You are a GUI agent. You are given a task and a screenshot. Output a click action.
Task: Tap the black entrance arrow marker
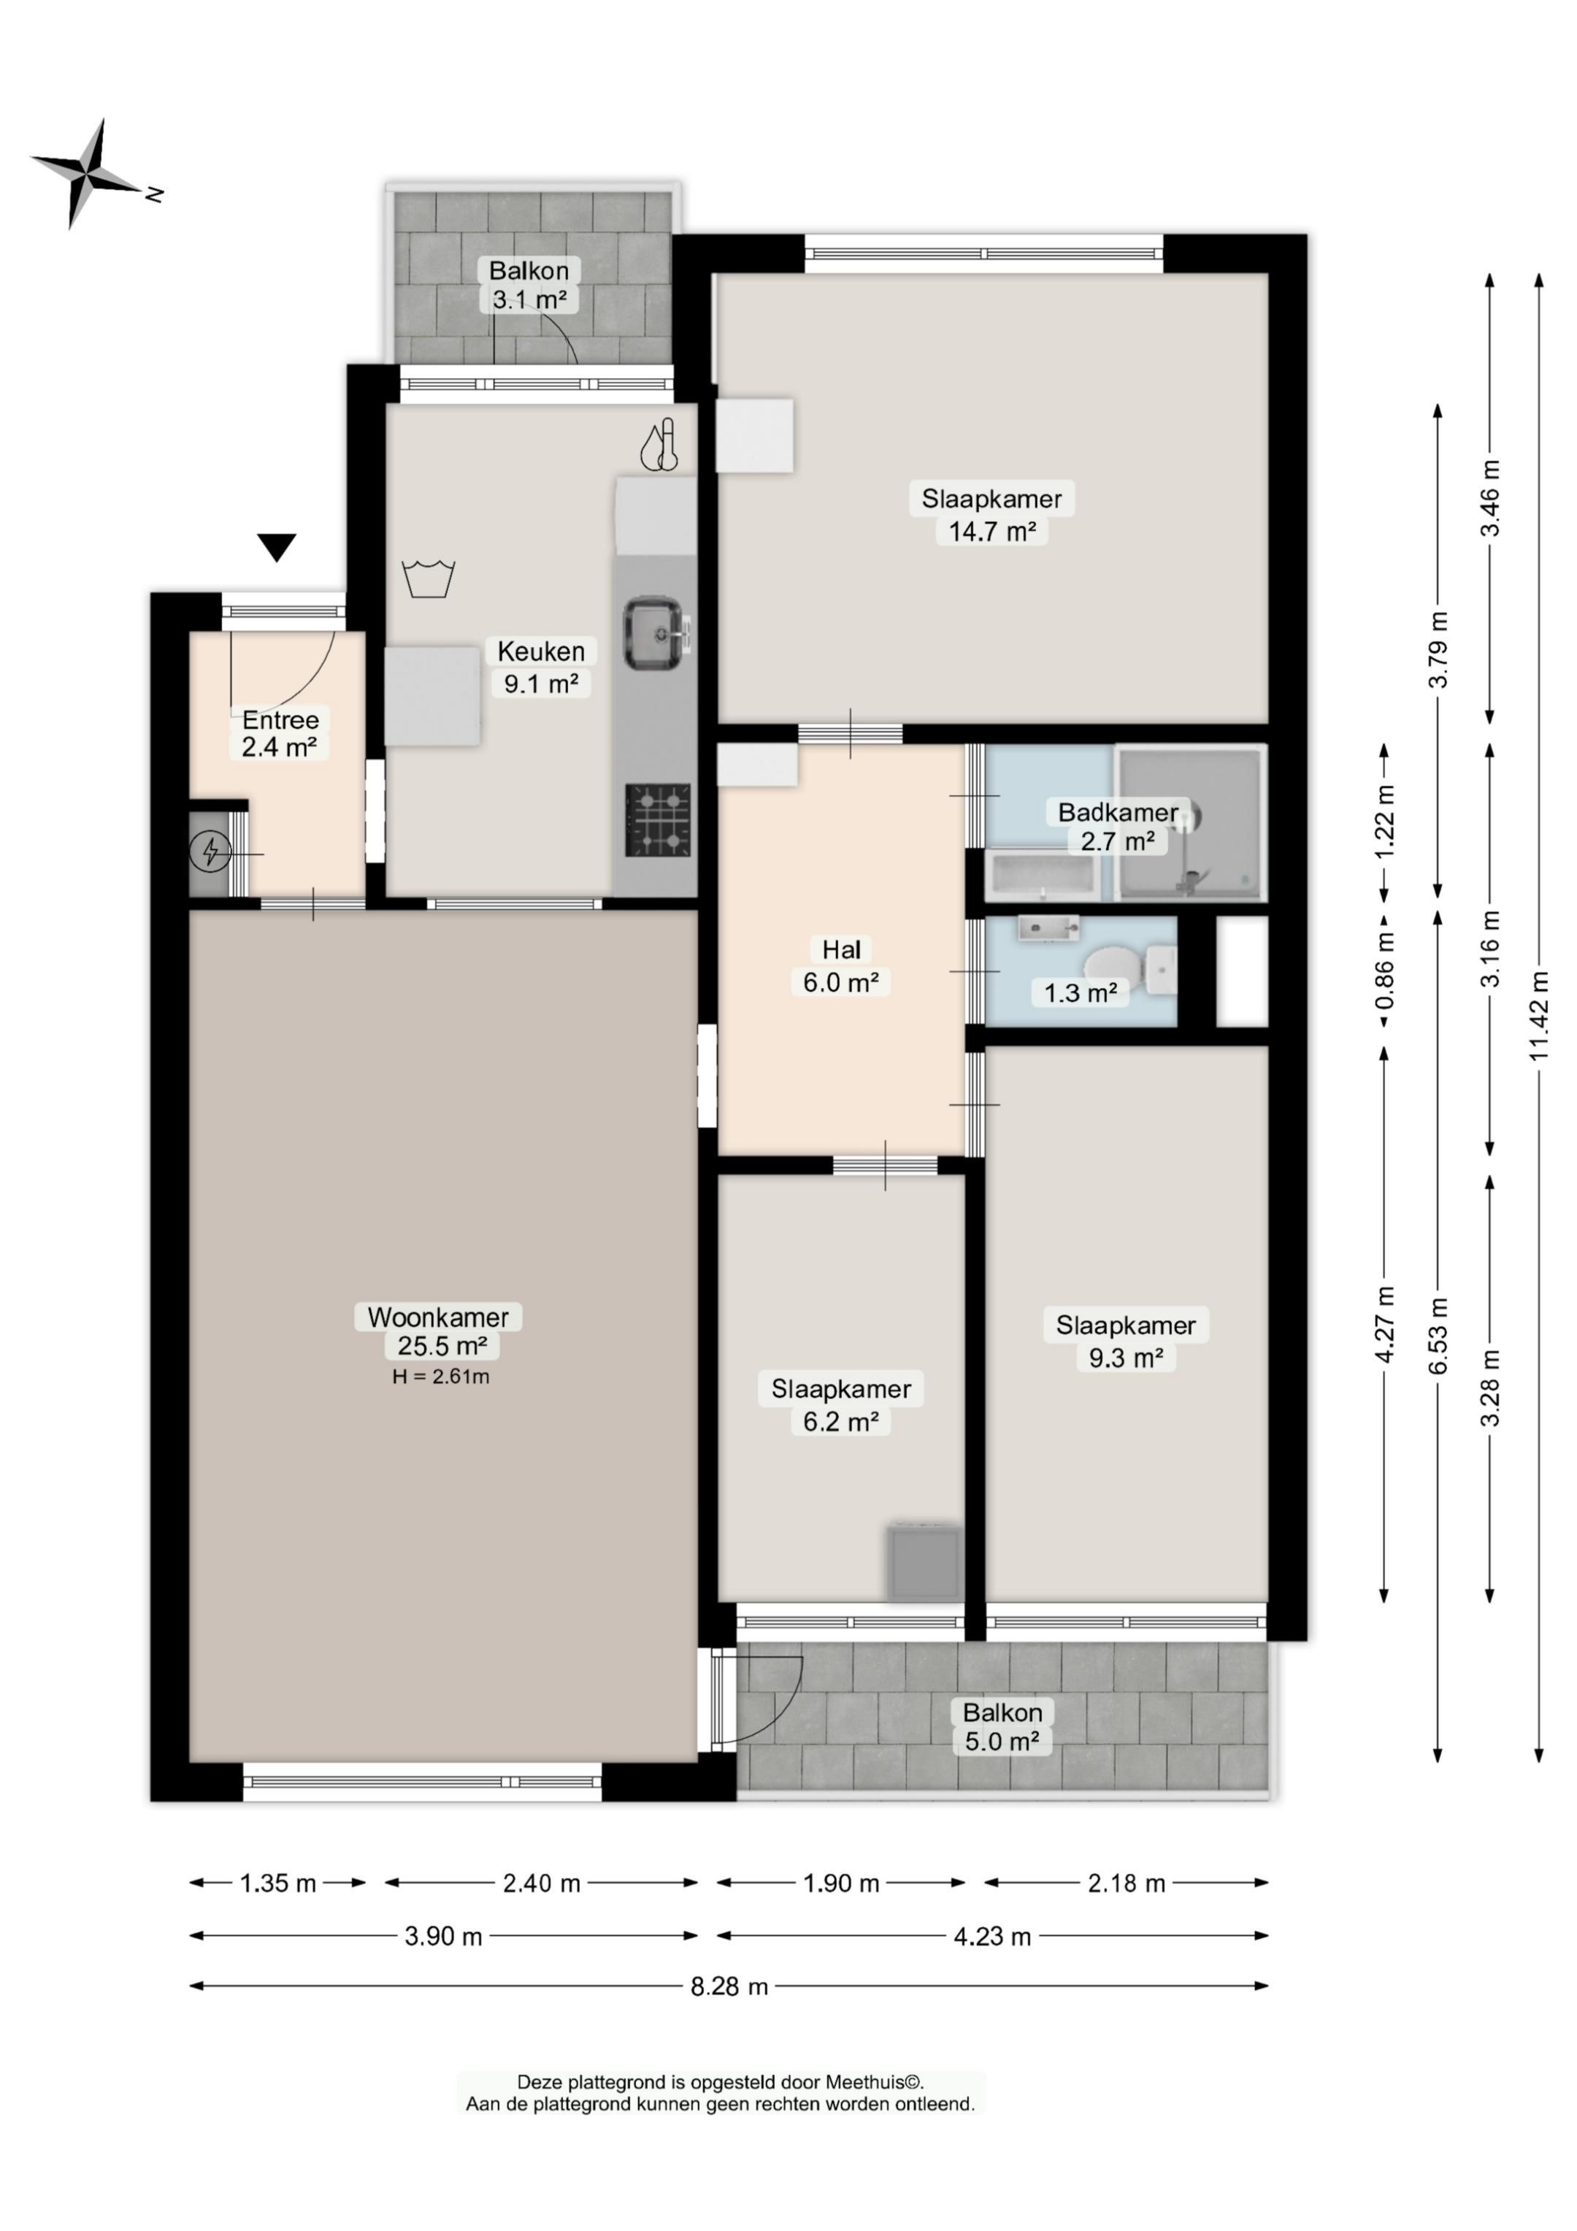click(277, 548)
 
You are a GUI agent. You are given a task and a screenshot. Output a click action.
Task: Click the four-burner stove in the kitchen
click(658, 820)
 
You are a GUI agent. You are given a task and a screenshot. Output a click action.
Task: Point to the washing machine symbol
click(429, 578)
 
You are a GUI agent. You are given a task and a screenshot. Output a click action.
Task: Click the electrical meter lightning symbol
click(210, 853)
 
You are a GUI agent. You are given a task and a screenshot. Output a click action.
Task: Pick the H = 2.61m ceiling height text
click(440, 1376)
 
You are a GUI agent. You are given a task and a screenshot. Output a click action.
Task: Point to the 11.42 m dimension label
click(1538, 1015)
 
